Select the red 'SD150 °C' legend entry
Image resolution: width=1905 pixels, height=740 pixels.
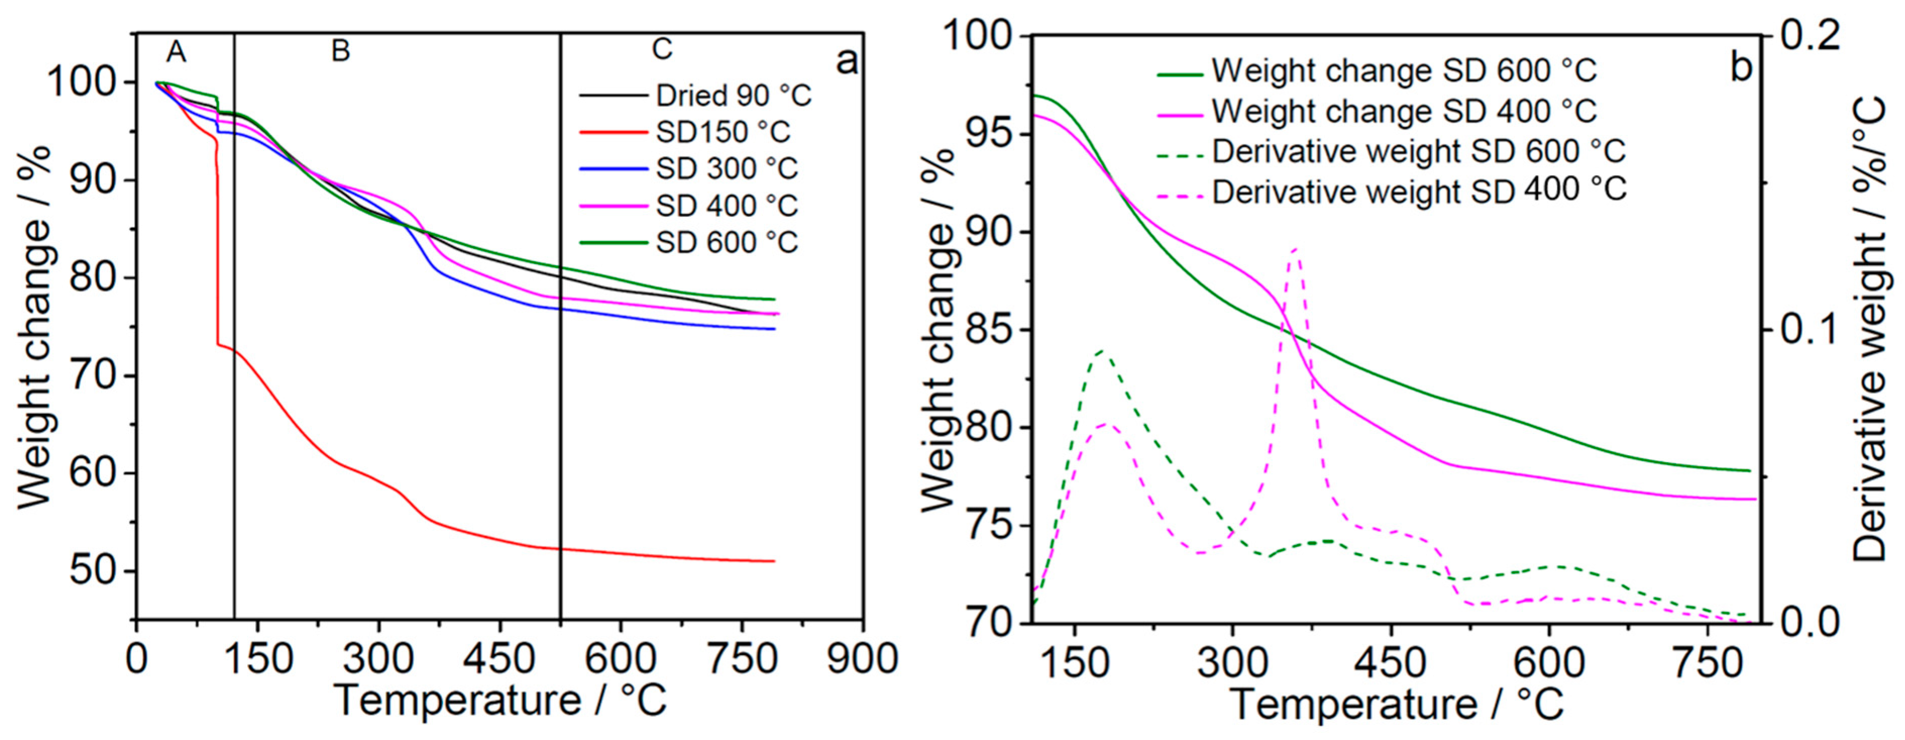[722, 133]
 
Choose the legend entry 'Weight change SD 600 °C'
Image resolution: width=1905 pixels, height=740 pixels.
[1404, 71]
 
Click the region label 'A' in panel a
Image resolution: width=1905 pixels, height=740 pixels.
[176, 52]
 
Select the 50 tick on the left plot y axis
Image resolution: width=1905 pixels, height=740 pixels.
[92, 572]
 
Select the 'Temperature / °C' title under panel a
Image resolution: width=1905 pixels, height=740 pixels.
[500, 700]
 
